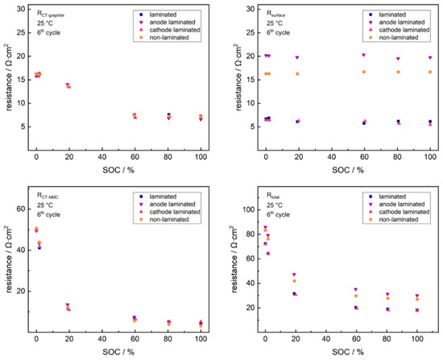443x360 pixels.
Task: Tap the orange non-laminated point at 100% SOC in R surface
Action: pos(430,72)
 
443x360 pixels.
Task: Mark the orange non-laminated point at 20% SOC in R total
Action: pos(295,281)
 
